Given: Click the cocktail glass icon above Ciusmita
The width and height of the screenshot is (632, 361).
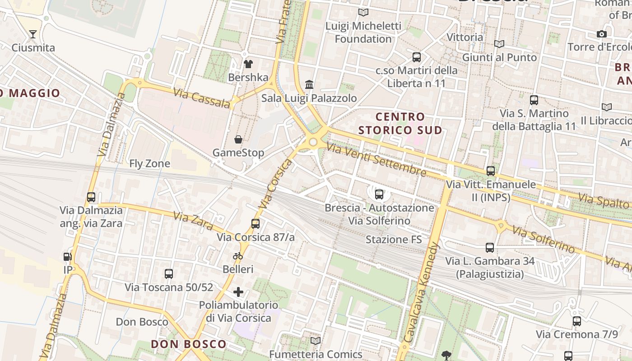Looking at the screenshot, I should [33, 34].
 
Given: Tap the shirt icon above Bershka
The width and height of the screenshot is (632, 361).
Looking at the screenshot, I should [248, 64].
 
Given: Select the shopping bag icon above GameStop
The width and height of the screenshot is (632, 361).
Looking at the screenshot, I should [238, 139].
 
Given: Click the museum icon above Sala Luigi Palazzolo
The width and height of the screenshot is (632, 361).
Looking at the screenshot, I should [310, 84].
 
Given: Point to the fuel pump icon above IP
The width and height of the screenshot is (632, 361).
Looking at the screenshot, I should [68, 257].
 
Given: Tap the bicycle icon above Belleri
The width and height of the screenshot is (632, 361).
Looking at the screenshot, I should [238, 256].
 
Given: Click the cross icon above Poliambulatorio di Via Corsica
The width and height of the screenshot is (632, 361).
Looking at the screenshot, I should [238, 292].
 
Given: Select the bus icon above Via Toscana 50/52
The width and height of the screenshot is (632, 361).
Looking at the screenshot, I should [169, 273].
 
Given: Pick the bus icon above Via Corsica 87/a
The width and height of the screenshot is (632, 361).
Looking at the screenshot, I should [256, 223].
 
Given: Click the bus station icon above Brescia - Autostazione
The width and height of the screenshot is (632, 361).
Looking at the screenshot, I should [379, 194].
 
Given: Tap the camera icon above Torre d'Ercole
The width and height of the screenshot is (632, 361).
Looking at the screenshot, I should [601, 34].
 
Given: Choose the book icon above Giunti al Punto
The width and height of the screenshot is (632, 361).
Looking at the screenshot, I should [499, 44].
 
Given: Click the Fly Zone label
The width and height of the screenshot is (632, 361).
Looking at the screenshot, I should [150, 163].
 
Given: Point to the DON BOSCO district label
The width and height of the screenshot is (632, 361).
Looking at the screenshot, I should [188, 344].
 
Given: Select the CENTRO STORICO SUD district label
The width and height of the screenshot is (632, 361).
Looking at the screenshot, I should [400, 123].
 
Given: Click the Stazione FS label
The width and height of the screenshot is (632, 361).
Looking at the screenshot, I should [394, 239].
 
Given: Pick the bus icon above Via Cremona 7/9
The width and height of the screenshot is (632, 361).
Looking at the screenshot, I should [577, 321].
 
